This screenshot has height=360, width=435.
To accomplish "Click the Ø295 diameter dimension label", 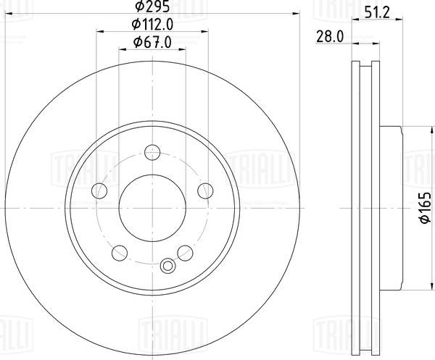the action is (152, 7).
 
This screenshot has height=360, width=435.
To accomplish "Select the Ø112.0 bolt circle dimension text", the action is (152, 25).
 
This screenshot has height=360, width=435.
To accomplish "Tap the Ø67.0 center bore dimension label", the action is (152, 43).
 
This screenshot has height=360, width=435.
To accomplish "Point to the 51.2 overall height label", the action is (377, 13).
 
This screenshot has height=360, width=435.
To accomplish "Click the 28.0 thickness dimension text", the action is (330, 37).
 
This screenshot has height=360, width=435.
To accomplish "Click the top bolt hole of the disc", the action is (152, 152).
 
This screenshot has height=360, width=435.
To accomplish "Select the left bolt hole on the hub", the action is (99, 191).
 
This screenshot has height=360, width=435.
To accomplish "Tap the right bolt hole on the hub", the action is (205, 191).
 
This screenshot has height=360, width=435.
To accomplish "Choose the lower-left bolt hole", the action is (120, 253).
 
